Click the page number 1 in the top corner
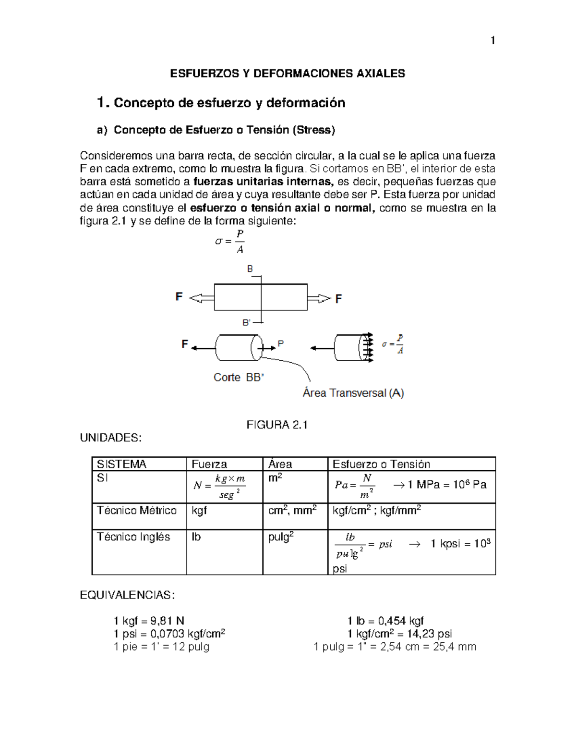point(492,40)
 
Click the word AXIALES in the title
point(381,73)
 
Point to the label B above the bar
point(250,269)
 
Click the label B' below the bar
point(246,322)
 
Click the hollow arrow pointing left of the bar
point(202,298)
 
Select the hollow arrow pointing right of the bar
point(319,299)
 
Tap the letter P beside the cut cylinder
point(281,344)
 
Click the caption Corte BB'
point(239,378)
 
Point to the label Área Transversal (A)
point(353,393)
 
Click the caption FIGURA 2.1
point(277,425)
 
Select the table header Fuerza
point(209,464)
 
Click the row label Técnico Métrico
point(137,510)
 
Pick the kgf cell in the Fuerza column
point(199,510)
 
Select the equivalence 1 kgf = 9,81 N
point(149,621)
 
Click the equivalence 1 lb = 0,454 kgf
point(385,621)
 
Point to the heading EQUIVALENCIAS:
point(127,595)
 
